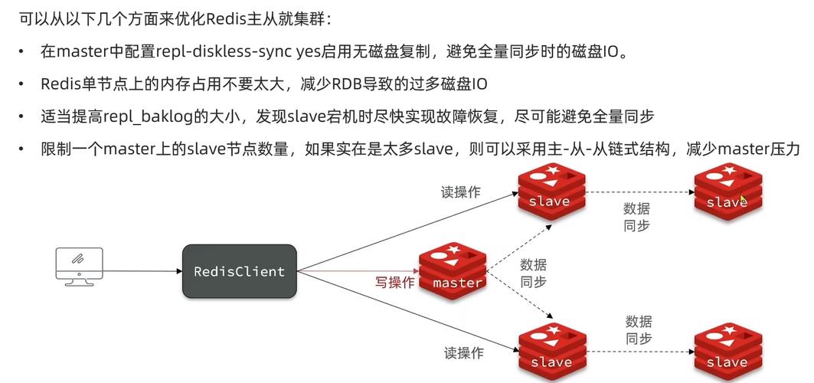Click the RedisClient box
tap(239, 271)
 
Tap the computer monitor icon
tap(79, 265)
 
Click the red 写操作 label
tap(394, 282)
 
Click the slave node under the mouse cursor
tap(727, 195)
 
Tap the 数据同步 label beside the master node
tap(533, 273)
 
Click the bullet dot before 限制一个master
tap(21, 149)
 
